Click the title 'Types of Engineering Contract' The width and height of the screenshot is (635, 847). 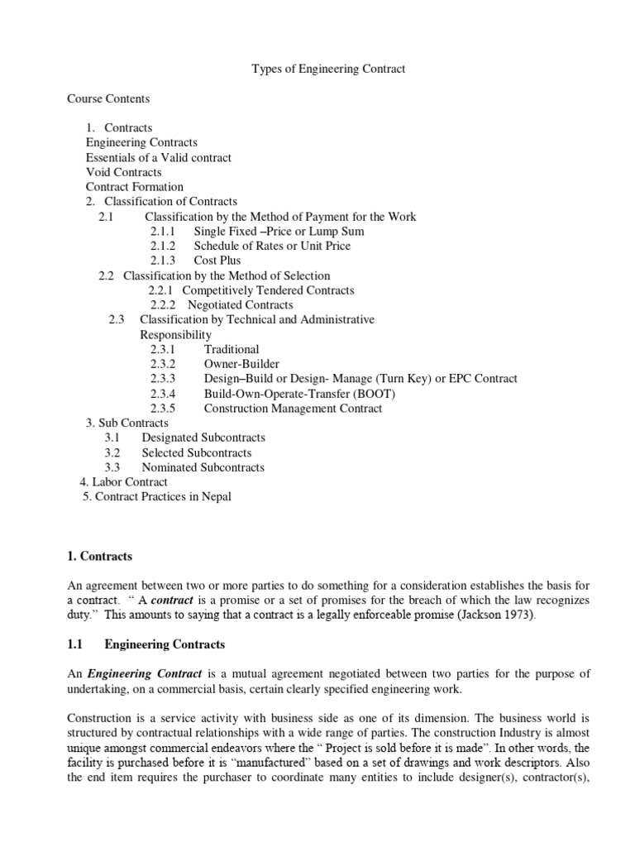click(328, 69)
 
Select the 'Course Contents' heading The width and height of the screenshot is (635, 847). click(108, 98)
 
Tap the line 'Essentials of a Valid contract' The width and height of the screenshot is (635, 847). click(159, 157)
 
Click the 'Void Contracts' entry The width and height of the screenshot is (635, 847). click(123, 172)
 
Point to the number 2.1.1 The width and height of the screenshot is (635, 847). click(164, 231)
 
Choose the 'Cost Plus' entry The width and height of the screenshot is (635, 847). click(217, 261)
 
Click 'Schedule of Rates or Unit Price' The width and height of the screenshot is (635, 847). click(272, 246)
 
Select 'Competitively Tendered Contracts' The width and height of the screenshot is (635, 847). click(268, 290)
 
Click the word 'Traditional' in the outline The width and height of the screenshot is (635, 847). click(232, 349)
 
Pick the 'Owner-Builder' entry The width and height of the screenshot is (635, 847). click(241, 364)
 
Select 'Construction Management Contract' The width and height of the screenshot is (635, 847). click(293, 408)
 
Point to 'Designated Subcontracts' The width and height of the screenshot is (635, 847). click(203, 438)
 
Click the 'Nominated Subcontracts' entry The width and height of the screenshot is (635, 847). click(203, 467)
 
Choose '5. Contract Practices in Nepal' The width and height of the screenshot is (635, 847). click(157, 496)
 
